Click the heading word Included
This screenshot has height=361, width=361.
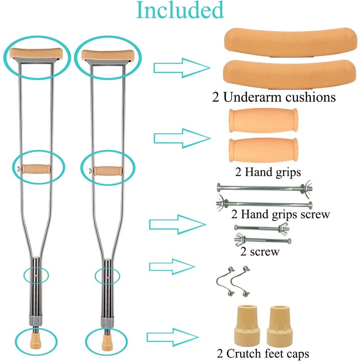[x=180, y=11]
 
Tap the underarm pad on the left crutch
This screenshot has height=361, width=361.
[x=36, y=54]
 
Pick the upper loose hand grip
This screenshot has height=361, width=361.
[x=262, y=120]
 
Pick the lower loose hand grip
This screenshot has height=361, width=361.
[x=262, y=150]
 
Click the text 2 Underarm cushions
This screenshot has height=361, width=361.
[x=275, y=97]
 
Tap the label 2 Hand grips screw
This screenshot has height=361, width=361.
[x=280, y=214]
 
